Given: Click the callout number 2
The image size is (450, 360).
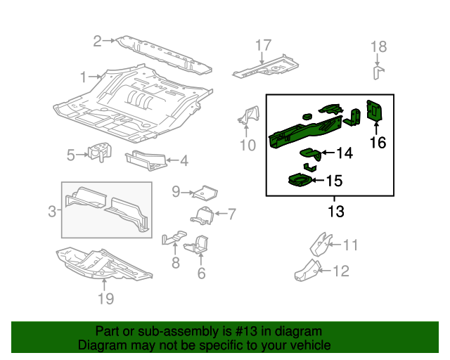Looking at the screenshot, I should [98, 41].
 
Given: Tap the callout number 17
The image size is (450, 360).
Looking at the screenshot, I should [262, 46].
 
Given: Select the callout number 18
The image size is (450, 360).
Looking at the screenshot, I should [378, 47].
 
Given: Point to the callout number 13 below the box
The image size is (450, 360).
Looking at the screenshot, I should [336, 211].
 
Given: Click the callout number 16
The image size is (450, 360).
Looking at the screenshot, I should [378, 143].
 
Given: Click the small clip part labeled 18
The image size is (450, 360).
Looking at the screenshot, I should [377, 74].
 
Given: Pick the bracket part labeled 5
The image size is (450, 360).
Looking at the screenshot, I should [101, 153].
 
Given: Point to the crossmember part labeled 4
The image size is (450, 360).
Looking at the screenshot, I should [146, 161].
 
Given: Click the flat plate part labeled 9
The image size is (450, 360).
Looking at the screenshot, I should [203, 192].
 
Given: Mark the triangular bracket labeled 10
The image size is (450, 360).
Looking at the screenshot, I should [249, 117].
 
